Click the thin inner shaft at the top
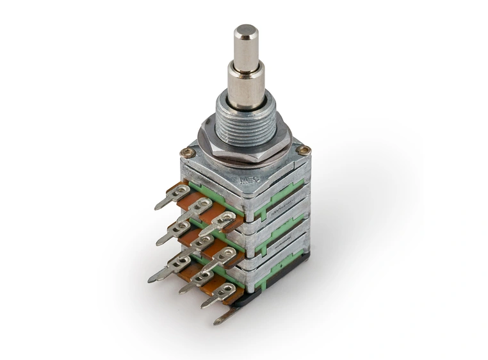point(245,48)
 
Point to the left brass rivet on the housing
point(187,152)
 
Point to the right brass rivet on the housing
point(303,151)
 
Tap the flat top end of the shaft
point(245,29)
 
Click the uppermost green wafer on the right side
point(282,195)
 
